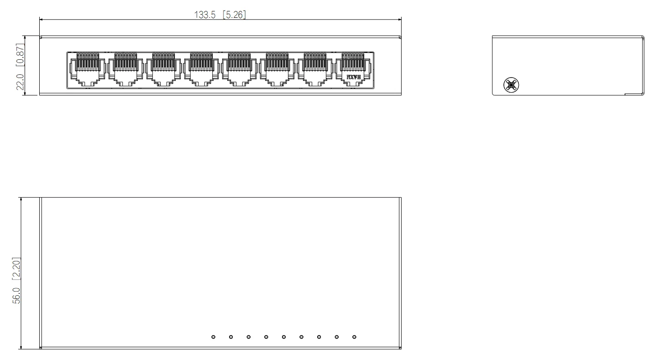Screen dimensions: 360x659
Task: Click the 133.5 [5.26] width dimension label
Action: coord(220,15)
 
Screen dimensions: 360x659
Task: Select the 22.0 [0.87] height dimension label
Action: coord(21,67)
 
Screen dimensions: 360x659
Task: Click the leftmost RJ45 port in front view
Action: coord(87,70)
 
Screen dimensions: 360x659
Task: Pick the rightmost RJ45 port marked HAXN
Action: coord(354,70)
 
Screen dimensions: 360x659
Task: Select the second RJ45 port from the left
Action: coord(125,70)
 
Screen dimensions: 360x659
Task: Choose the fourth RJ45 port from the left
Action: coord(201,70)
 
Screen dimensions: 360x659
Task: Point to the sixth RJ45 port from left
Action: coord(277,70)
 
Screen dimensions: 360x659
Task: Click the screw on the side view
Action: coord(511,84)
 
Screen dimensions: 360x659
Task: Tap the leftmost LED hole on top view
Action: coord(213,337)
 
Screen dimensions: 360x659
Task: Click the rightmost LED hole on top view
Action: coord(354,337)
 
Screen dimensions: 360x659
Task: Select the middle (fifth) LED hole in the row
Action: coord(284,337)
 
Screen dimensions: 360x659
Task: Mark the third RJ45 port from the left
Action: coord(163,70)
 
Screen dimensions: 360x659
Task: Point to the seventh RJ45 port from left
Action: coord(315,70)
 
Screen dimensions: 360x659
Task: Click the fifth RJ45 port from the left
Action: coord(239,70)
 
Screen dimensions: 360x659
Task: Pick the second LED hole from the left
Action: coord(231,337)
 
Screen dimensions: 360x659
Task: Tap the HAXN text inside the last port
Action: coord(354,77)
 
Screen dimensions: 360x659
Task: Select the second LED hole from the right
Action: coord(337,337)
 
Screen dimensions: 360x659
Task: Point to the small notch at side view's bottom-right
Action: coord(634,94)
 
